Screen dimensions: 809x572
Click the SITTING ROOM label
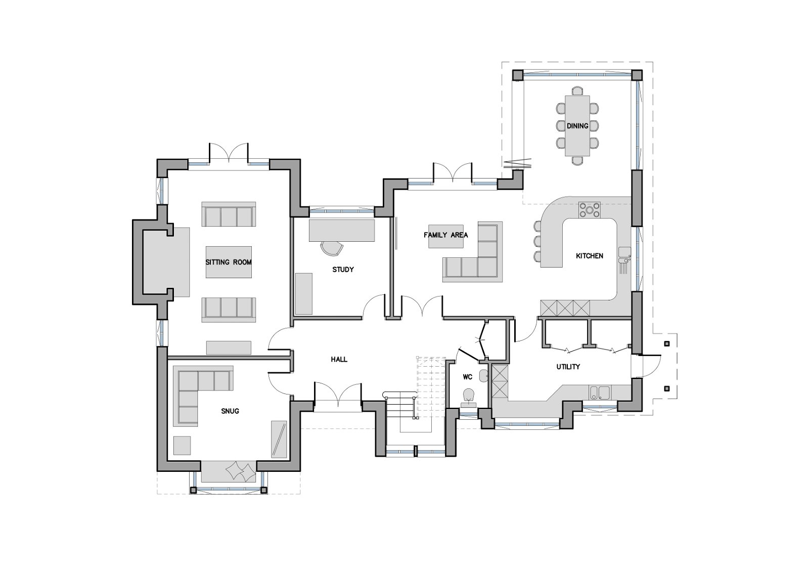click(228, 262)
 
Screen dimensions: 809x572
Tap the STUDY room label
click(343, 270)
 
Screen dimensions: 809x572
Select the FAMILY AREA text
click(445, 235)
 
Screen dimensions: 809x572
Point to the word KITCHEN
click(590, 256)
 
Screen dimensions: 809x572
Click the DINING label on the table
click(577, 126)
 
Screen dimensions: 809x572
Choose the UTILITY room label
click(568, 367)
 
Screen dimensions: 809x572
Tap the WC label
click(467, 377)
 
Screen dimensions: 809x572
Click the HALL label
click(339, 359)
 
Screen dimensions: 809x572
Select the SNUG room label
click(230, 411)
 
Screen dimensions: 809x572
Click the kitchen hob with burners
click(590, 209)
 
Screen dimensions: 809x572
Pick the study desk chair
click(332, 248)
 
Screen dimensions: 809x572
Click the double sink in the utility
click(600, 393)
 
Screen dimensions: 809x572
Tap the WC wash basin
click(484, 376)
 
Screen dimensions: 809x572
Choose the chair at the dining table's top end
click(577, 91)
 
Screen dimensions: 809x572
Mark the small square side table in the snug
click(182, 445)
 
